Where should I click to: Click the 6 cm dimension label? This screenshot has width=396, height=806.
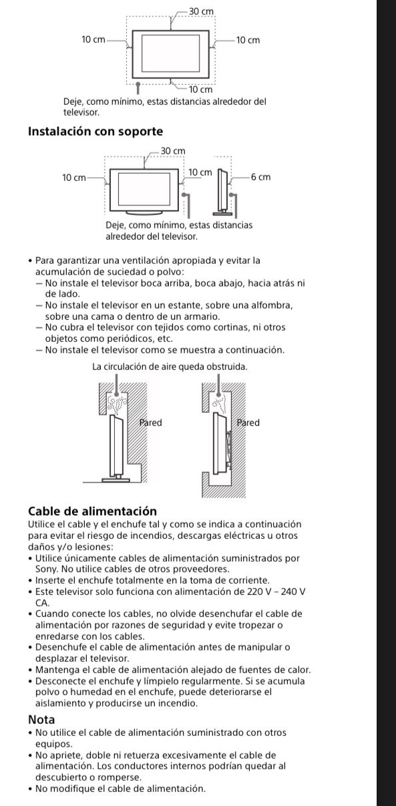pos(261,178)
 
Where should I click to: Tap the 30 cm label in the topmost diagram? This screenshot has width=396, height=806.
pos(202,12)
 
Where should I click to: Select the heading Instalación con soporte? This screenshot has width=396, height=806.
pos(95,132)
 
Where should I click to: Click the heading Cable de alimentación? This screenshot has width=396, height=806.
pos(92,512)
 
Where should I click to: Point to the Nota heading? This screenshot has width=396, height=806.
pos(41,720)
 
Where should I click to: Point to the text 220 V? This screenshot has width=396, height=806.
pos(262,592)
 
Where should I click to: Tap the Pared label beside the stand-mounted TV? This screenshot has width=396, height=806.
pos(150,423)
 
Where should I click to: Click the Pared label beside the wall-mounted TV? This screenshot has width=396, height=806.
pos(248,423)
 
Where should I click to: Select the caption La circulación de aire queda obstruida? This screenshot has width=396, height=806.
pos(170,367)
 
